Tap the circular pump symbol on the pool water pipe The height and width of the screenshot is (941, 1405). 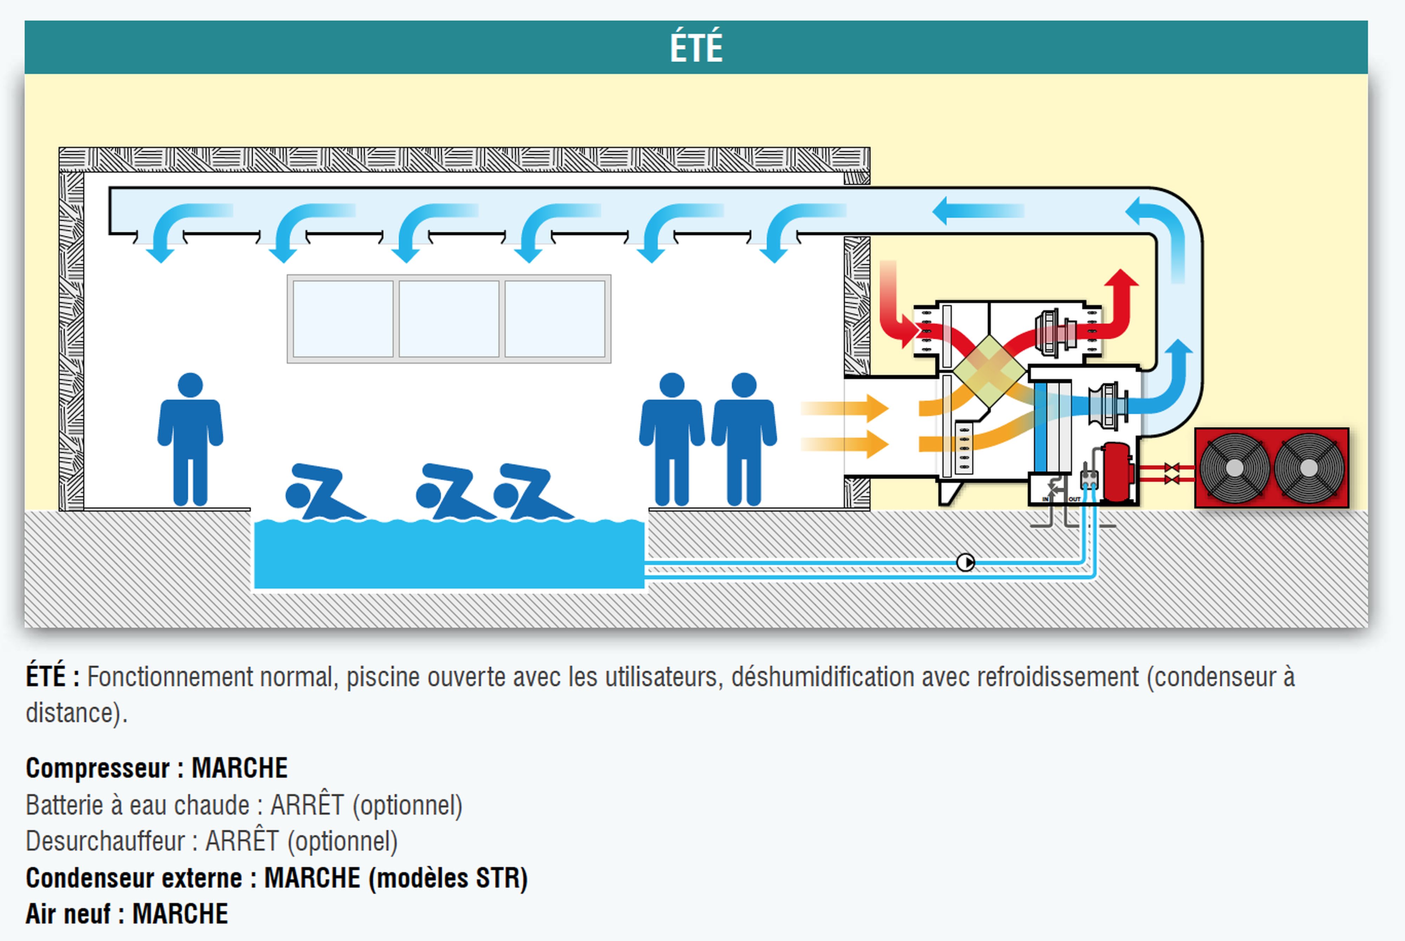(x=965, y=562)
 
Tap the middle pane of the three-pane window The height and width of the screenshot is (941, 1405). (x=449, y=319)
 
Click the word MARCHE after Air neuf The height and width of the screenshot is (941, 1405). (x=180, y=914)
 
